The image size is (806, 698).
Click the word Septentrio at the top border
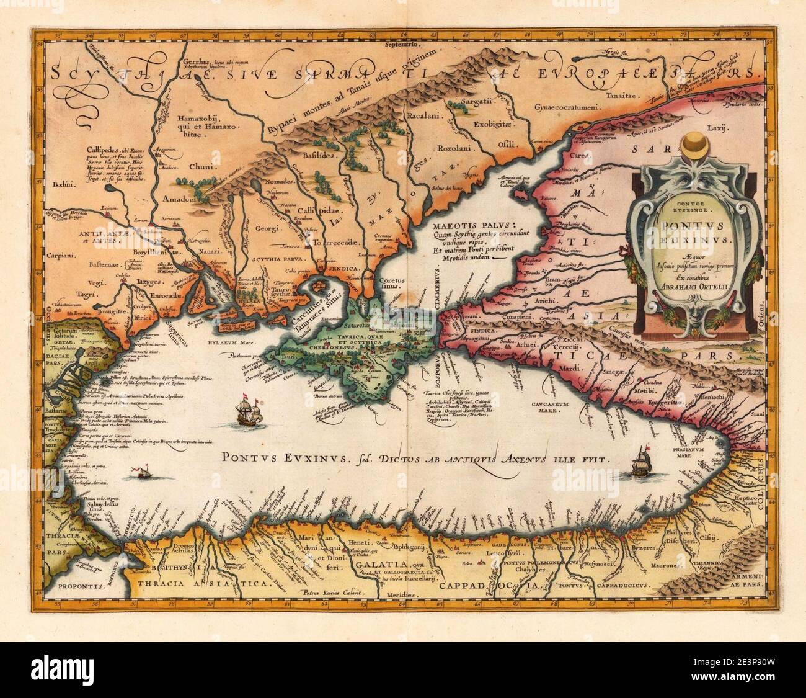pyautogui.click(x=402, y=45)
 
